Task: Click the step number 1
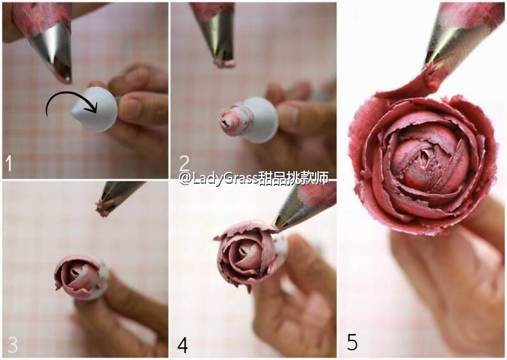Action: click(9, 164)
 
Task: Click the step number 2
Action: click(184, 164)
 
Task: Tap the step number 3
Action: click(13, 344)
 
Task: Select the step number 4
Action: click(183, 345)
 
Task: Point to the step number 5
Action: click(352, 342)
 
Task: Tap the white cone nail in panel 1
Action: click(94, 109)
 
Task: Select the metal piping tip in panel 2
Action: click(217, 35)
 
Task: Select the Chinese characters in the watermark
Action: click(293, 177)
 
